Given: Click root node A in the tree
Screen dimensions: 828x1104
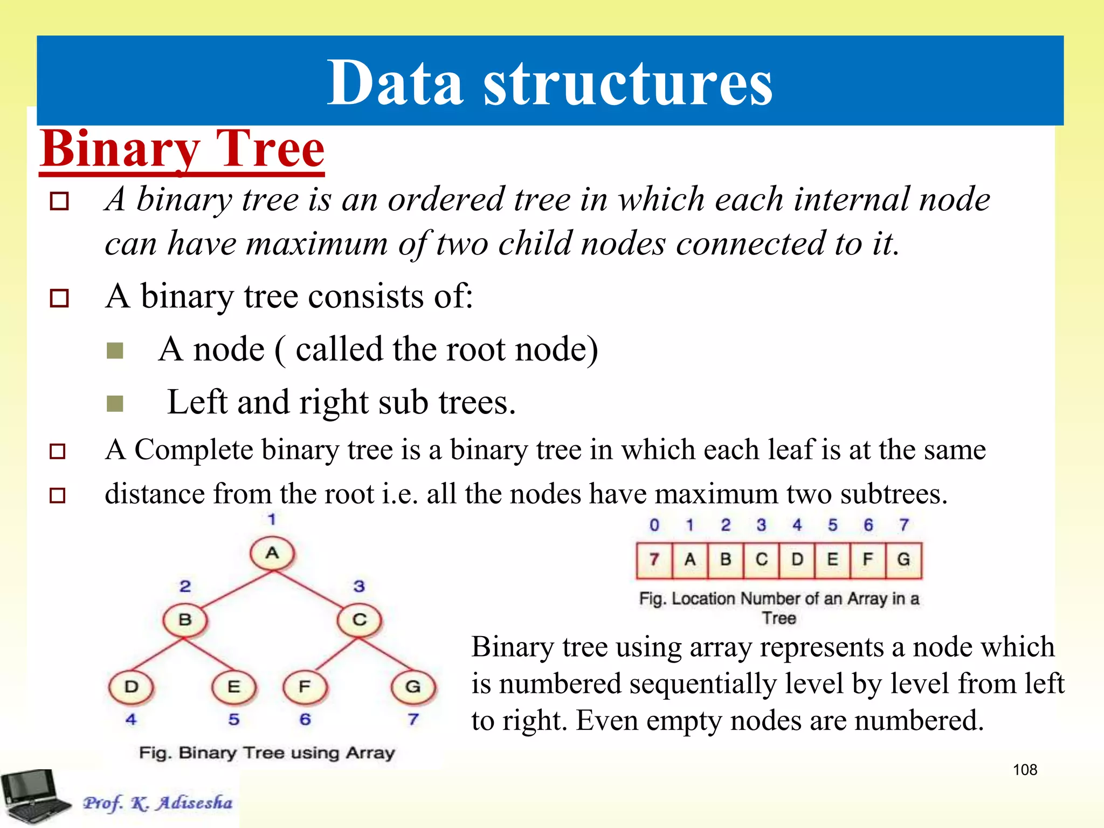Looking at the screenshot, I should click(272, 553).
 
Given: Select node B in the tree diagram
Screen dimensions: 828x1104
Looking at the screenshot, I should click(185, 620).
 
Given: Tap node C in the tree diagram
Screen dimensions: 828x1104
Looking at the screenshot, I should click(360, 620).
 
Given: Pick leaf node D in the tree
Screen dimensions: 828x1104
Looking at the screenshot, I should click(131, 687).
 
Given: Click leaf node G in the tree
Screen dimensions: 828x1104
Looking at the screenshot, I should click(413, 687).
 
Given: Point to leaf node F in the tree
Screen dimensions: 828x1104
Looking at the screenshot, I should click(305, 687).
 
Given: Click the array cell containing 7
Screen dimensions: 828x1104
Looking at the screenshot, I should click(654, 560).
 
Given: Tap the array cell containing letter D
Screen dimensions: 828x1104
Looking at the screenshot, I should click(797, 560).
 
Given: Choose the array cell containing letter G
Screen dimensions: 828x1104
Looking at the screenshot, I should click(903, 560).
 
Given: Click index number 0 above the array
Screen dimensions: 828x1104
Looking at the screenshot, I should click(654, 525).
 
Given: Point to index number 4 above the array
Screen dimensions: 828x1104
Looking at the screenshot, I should click(797, 525).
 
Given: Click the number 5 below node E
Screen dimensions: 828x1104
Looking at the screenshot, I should click(233, 720).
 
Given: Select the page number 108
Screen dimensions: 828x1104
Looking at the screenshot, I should click(1025, 770).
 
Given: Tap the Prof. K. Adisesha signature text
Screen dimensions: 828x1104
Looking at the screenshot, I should click(157, 803).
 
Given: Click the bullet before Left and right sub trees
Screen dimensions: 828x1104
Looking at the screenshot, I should click(115, 403).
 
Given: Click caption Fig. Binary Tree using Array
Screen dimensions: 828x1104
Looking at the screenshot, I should click(267, 753).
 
